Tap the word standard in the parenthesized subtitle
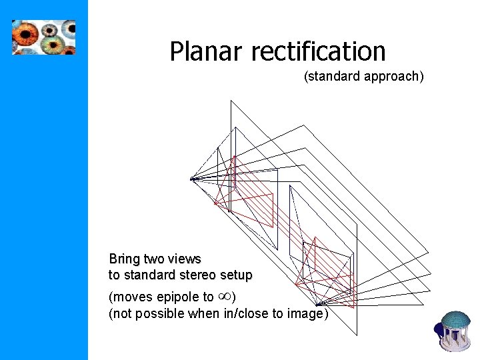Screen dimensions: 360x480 pyautogui.click(x=333, y=77)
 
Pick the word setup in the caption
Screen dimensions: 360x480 pyautogui.click(x=238, y=275)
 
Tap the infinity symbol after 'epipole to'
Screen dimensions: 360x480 pyautogui.click(x=224, y=296)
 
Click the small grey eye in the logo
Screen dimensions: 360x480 pyautogui.click(x=50, y=29)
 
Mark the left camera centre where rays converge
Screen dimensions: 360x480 pyautogui.click(x=191, y=179)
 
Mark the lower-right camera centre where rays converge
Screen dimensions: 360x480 pyautogui.click(x=319, y=305)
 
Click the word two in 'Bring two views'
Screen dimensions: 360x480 pyautogui.click(x=154, y=259)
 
